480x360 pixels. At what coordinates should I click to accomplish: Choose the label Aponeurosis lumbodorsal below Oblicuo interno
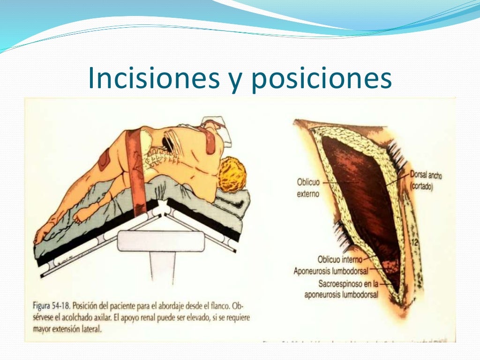(x=330, y=271)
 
